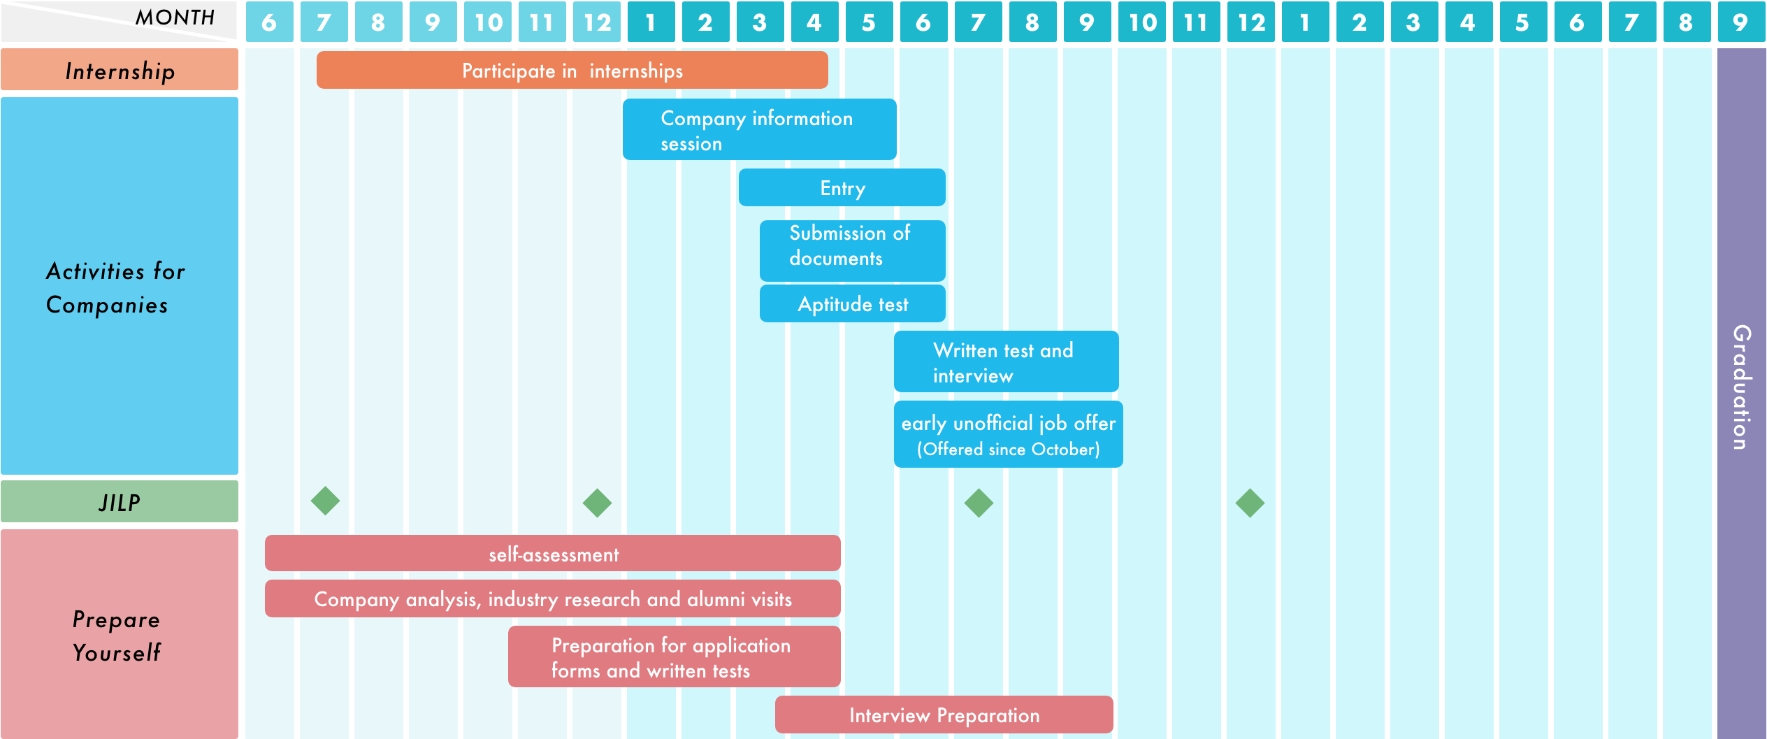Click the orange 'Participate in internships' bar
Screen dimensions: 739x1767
[572, 71]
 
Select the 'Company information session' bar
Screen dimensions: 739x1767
[759, 130]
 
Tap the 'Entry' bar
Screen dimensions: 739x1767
[842, 188]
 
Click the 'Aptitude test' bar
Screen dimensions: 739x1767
[852, 304]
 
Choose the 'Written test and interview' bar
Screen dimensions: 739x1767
[1006, 362]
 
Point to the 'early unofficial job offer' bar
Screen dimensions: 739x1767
[1008, 435]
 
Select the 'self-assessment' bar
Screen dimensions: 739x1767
[552, 554]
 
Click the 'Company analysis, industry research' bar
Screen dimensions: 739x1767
[552, 599]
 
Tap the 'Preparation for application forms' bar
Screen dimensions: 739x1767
[674, 657]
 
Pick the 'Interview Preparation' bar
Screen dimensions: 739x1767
[944, 715]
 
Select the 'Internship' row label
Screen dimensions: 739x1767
[120, 71]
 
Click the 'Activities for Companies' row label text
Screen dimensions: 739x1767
[116, 287]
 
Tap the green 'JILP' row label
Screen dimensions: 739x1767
[120, 502]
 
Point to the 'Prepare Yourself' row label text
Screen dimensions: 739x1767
[117, 636]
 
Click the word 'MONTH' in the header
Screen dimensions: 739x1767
[175, 17]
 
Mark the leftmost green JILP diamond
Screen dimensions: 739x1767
[325, 501]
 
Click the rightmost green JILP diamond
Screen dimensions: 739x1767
[1250, 503]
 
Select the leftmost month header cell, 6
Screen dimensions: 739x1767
[269, 22]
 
